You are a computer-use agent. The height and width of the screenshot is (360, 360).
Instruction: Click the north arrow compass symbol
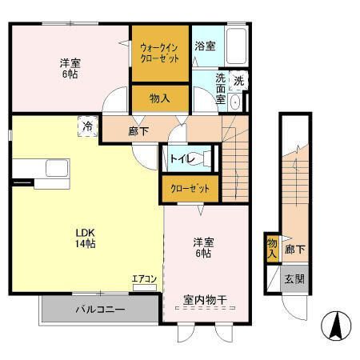point(336,326)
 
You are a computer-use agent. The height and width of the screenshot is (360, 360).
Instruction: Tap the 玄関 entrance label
point(294,279)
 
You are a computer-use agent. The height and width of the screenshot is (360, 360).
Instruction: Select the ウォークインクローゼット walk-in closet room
point(160,54)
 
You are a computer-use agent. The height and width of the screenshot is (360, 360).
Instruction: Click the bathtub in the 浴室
point(236,46)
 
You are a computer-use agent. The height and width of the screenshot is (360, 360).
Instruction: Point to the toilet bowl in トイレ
point(202,158)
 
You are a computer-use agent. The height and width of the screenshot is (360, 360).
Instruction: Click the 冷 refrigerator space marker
point(87,126)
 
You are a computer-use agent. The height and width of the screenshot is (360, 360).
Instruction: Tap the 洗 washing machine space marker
point(238,80)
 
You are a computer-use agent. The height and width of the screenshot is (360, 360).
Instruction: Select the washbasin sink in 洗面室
point(235,102)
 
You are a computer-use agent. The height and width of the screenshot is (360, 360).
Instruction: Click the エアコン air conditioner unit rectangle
point(145,288)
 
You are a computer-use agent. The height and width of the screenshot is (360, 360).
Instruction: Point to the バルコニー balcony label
point(100,310)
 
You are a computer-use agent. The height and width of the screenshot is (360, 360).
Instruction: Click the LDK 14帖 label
point(86,238)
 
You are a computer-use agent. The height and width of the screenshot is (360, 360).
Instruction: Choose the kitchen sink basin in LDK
point(57,168)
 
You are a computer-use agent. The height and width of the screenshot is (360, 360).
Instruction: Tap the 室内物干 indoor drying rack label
point(205,300)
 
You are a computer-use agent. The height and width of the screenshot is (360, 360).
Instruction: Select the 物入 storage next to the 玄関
point(272,248)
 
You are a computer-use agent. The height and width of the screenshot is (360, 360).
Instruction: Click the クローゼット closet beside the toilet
point(190,189)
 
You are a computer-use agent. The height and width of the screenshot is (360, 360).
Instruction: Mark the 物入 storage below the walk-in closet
point(160,98)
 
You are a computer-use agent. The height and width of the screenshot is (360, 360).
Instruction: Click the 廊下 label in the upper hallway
point(138,131)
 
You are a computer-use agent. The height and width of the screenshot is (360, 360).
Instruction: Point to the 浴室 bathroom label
point(205,46)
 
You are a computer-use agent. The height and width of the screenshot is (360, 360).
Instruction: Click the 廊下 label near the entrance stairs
point(294,250)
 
